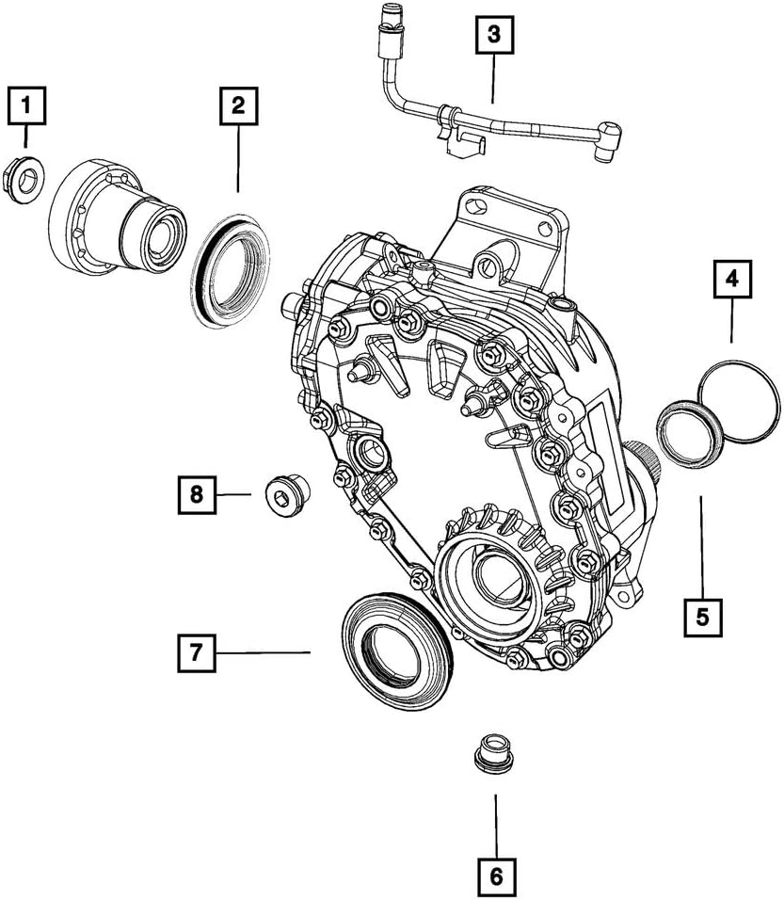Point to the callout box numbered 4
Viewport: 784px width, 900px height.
(x=731, y=280)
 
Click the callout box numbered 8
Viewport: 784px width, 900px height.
(x=197, y=493)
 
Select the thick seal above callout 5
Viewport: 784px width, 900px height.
(x=690, y=433)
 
